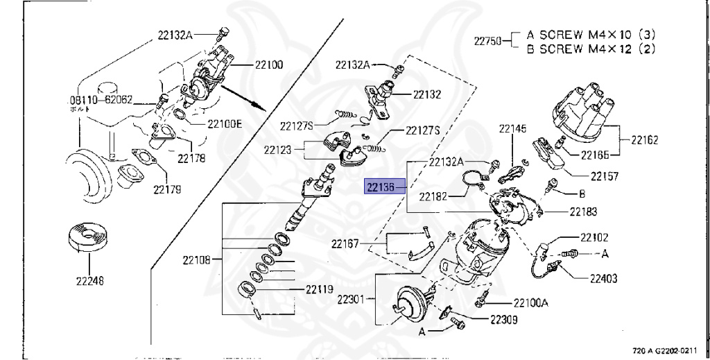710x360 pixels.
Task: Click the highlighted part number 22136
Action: point(380,187)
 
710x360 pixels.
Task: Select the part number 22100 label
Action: point(269,65)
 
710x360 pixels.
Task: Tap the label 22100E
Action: point(224,125)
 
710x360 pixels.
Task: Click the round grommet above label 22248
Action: point(88,237)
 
